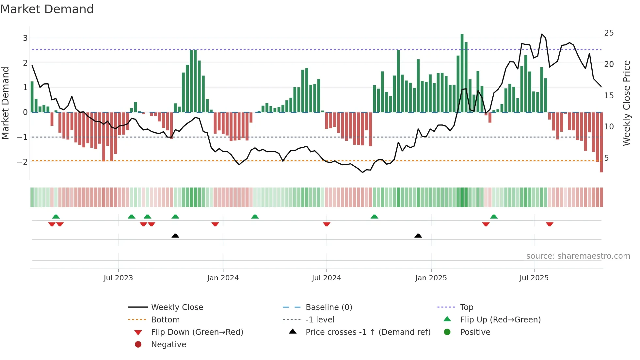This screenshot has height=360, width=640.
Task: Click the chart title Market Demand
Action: [47, 9]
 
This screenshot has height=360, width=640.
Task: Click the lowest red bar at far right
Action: [601, 142]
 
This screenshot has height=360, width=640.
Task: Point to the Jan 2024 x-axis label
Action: [223, 278]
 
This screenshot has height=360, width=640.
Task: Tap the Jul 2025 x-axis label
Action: [534, 278]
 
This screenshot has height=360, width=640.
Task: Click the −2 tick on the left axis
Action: [22, 162]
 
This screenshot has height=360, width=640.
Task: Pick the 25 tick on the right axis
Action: [609, 33]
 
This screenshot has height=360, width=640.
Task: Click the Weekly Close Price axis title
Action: [626, 103]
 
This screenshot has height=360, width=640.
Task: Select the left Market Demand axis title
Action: [5, 103]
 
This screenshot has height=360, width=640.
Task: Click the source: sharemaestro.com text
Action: [578, 256]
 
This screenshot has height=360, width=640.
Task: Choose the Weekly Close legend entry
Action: [177, 307]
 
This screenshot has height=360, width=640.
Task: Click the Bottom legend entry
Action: [165, 320]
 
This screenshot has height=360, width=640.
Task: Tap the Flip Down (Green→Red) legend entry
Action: [197, 332]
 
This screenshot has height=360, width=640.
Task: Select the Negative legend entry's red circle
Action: [138, 345]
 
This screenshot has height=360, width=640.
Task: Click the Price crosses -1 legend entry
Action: [368, 332]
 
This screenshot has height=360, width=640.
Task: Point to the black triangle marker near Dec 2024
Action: [418, 236]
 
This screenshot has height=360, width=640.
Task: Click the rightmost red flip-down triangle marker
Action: [550, 224]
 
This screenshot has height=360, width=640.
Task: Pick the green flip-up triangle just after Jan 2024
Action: [255, 217]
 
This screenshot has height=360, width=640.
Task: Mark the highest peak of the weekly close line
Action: [542, 34]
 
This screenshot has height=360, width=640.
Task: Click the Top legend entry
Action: [467, 307]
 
